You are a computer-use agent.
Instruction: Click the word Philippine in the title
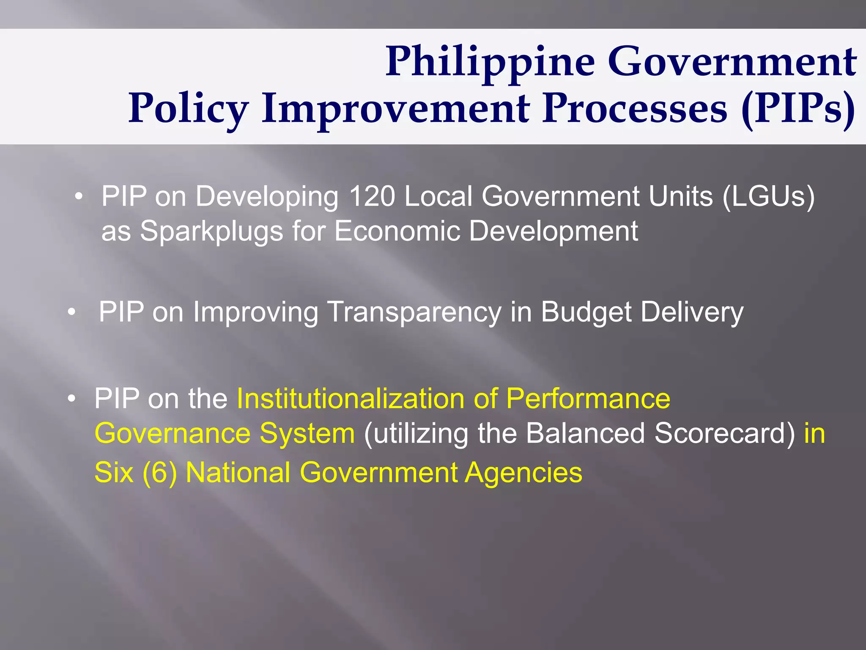(491, 63)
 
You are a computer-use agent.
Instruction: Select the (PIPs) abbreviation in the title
(799, 108)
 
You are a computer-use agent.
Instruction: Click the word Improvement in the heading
(396, 108)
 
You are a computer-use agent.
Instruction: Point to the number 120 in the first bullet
(372, 196)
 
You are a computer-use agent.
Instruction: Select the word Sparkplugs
(211, 231)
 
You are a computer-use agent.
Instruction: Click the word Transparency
(414, 313)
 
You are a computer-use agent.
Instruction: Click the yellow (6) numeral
(159, 472)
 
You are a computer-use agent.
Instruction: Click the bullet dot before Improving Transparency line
(72, 313)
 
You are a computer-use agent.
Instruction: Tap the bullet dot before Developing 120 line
(78, 197)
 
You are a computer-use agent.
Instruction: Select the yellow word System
(307, 433)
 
